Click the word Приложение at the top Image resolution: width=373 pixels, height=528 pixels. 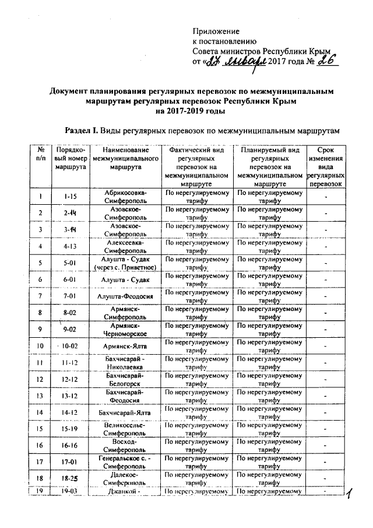click(x=216, y=30)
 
